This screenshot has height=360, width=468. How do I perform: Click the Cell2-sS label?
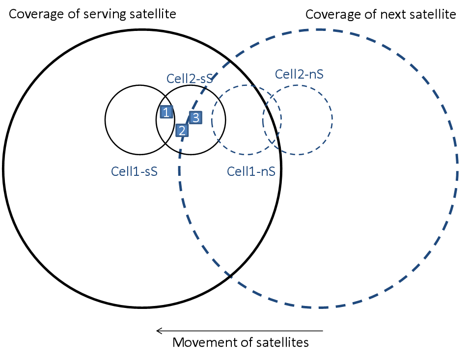189,79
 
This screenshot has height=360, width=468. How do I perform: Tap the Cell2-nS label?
299,74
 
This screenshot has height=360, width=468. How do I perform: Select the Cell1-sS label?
134,171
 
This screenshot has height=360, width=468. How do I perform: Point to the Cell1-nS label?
250,171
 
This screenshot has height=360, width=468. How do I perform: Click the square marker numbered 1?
166,112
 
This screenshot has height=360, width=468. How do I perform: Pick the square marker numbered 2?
182,131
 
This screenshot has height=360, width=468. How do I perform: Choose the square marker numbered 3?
195,118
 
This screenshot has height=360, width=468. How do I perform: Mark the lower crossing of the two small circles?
272,143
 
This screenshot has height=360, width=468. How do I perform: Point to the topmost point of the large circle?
319,29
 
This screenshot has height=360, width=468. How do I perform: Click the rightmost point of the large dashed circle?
458,168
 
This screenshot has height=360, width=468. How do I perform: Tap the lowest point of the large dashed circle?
319,308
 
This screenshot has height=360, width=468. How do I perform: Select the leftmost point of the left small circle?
212,120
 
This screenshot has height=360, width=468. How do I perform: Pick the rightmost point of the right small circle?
332,119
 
